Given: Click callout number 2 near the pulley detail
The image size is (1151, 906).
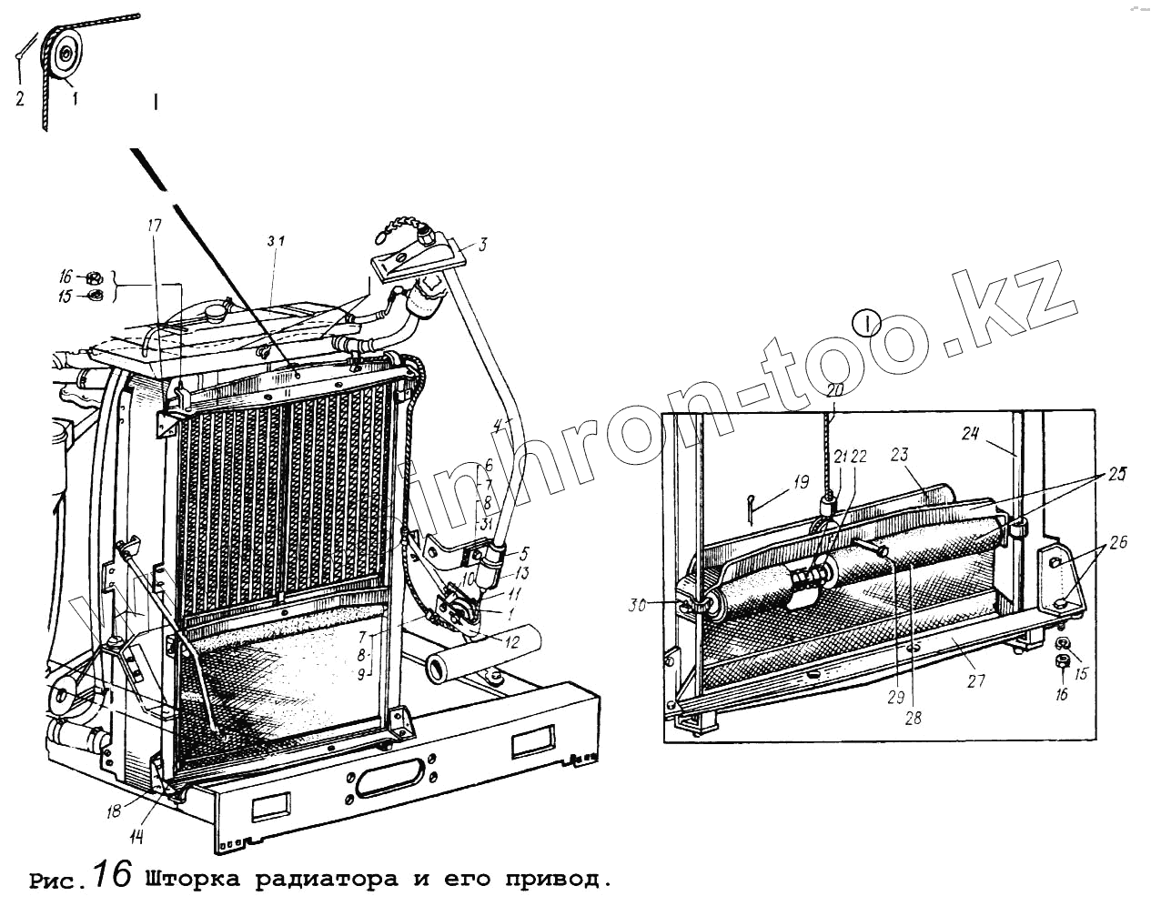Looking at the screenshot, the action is coord(19,99).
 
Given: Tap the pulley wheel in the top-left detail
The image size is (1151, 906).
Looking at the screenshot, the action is coord(66,54).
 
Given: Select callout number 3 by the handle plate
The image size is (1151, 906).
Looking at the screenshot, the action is coord(483,244).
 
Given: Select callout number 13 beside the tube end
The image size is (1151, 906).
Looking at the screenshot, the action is coord(521,574).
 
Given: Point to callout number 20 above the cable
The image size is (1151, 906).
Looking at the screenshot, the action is coord(835,390).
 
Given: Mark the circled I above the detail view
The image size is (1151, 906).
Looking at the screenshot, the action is coord(867,323).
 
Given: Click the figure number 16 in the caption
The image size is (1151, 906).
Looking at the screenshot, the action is coord(114,876).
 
